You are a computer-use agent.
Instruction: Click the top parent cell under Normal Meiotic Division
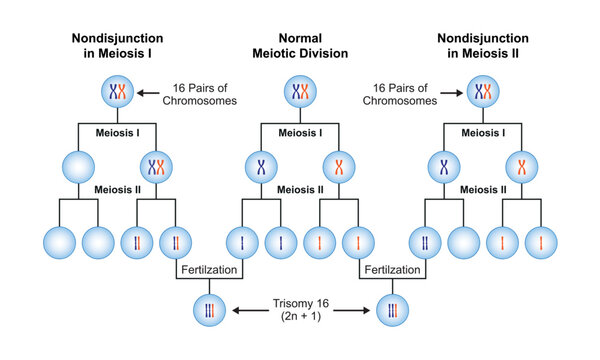coord(299,93)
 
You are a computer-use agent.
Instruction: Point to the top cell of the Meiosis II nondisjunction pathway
coord(485,93)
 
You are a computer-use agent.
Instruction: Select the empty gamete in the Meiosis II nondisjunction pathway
coord(467,241)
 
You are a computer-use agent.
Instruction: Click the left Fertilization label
coord(209,271)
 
